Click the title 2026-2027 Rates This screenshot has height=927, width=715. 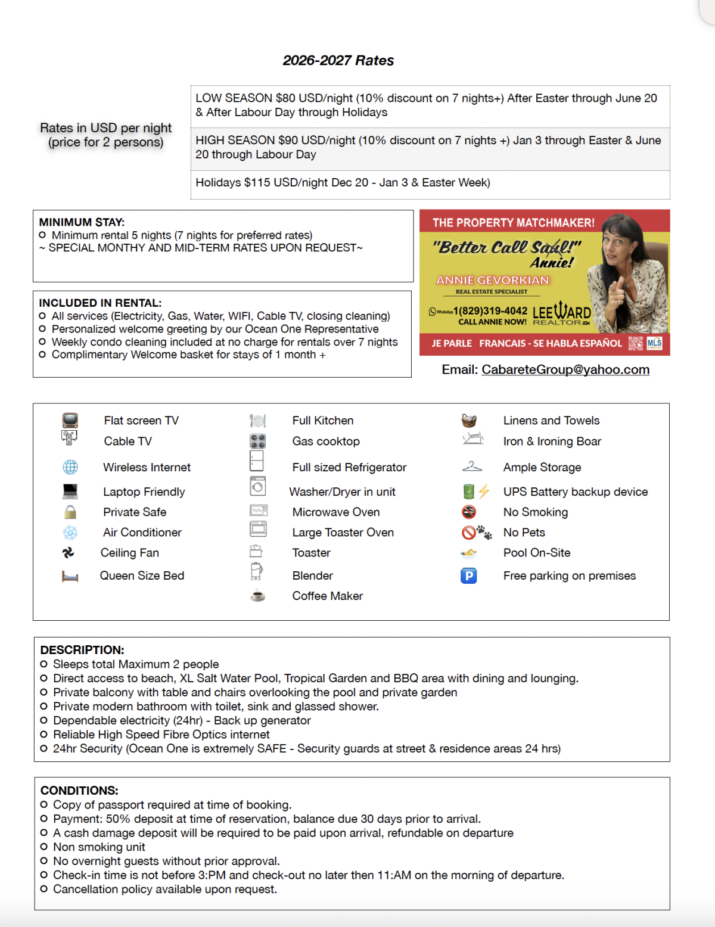click(x=338, y=60)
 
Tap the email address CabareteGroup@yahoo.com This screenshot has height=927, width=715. click(x=565, y=369)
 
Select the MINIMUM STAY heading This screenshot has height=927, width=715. click(x=82, y=222)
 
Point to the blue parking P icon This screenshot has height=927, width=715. click(x=469, y=576)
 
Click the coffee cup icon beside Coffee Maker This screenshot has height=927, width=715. click(x=258, y=596)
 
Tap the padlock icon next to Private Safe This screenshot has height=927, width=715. click(x=70, y=512)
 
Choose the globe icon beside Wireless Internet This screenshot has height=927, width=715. click(x=70, y=467)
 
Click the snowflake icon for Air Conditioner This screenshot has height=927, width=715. click(x=70, y=533)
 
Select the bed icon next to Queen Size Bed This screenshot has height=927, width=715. click(x=70, y=576)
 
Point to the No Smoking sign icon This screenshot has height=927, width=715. click(x=469, y=512)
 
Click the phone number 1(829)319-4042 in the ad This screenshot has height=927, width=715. click(x=490, y=311)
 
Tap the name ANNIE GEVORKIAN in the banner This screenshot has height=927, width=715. click(x=492, y=280)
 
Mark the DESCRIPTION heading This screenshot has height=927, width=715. click(x=82, y=650)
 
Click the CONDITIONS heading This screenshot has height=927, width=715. click(x=79, y=791)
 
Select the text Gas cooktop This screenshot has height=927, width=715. click(x=326, y=441)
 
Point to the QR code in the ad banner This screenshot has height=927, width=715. click(x=636, y=343)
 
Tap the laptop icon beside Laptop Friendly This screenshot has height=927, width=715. click(x=70, y=492)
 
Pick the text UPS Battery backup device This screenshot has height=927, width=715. click(x=575, y=492)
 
